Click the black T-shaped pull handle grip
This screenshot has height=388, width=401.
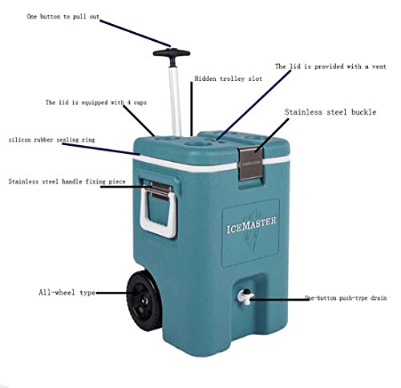172,53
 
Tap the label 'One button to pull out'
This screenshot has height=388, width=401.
63,17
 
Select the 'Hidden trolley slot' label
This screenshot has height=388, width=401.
228,79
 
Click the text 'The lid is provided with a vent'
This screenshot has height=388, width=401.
330,67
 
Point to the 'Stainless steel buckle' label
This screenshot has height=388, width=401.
330,112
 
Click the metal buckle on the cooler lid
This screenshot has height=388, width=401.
250,163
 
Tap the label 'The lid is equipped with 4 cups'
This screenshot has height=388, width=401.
96,103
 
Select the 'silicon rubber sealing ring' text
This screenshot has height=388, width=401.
51,139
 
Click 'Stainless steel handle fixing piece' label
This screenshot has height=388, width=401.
67,182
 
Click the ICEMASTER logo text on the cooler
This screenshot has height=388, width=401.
251,225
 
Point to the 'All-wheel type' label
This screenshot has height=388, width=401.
67,293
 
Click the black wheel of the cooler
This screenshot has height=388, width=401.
144,300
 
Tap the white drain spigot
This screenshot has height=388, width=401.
245,296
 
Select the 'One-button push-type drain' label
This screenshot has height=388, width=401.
346,297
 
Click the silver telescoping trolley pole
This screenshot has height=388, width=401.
175,101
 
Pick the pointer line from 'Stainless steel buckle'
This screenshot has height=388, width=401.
272,135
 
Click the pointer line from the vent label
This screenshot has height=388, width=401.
254,105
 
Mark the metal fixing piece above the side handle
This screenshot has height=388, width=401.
160,191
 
